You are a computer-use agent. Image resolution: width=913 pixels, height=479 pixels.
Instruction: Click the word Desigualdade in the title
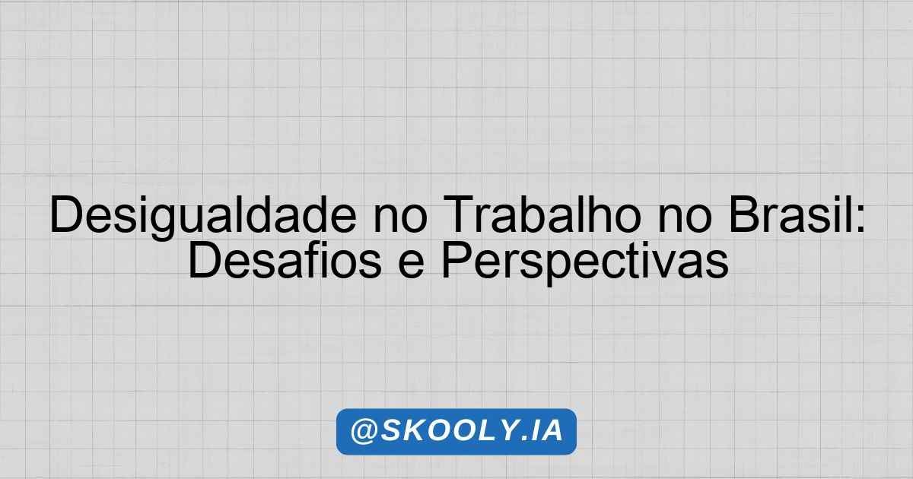pyautogui.click(x=203, y=216)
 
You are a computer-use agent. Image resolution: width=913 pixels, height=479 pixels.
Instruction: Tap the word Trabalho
pyautogui.click(x=542, y=214)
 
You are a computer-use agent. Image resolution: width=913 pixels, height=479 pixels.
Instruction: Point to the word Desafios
pyautogui.click(x=285, y=259)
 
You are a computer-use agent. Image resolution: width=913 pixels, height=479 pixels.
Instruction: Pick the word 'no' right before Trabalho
pyautogui.click(x=400, y=220)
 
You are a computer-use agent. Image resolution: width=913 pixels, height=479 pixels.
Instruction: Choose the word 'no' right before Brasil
pyautogui.click(x=686, y=220)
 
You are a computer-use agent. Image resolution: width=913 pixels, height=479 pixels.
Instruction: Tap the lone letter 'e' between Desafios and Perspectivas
pyautogui.click(x=412, y=265)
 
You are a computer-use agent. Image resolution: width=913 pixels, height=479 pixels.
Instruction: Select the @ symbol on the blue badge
pyautogui.click(x=364, y=431)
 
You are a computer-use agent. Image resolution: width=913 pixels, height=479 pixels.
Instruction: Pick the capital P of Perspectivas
pyautogui.click(x=457, y=259)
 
